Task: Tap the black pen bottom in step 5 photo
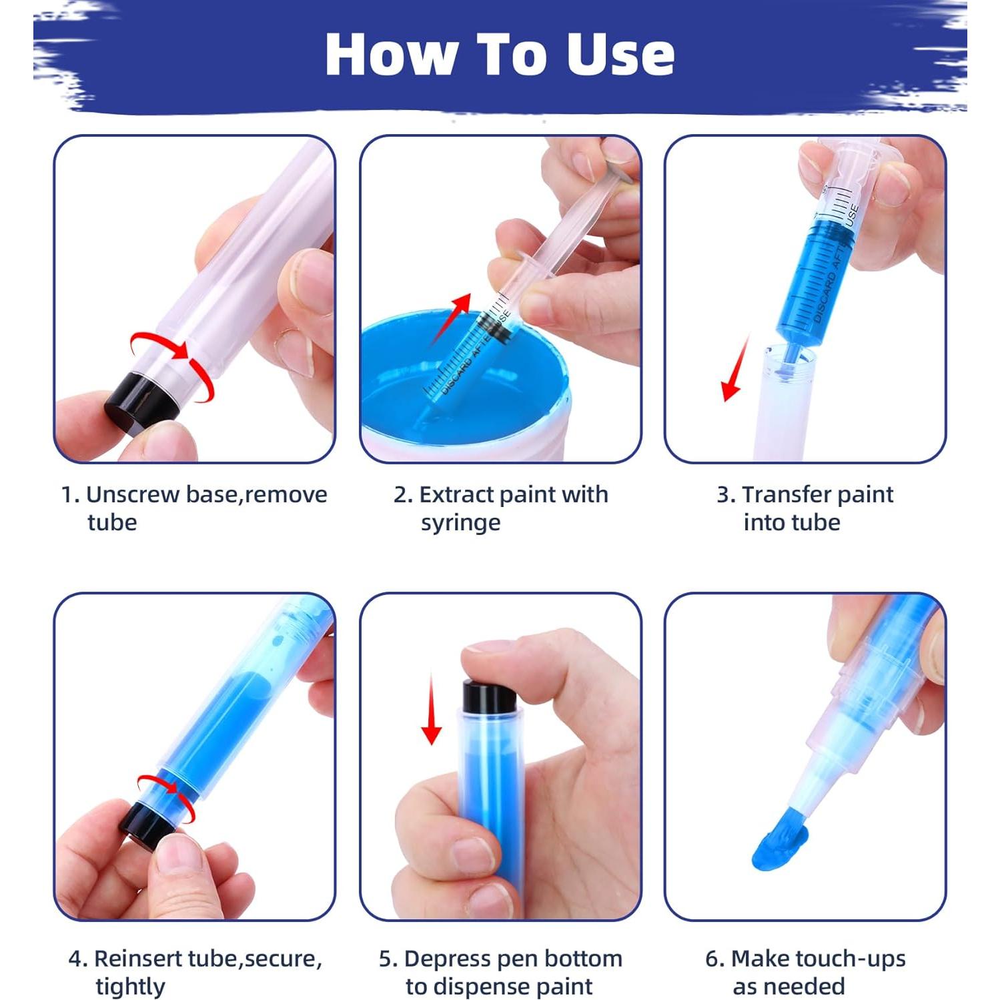489,698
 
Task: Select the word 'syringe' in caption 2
460,523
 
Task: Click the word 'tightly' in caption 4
130,986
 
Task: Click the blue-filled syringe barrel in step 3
814,280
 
